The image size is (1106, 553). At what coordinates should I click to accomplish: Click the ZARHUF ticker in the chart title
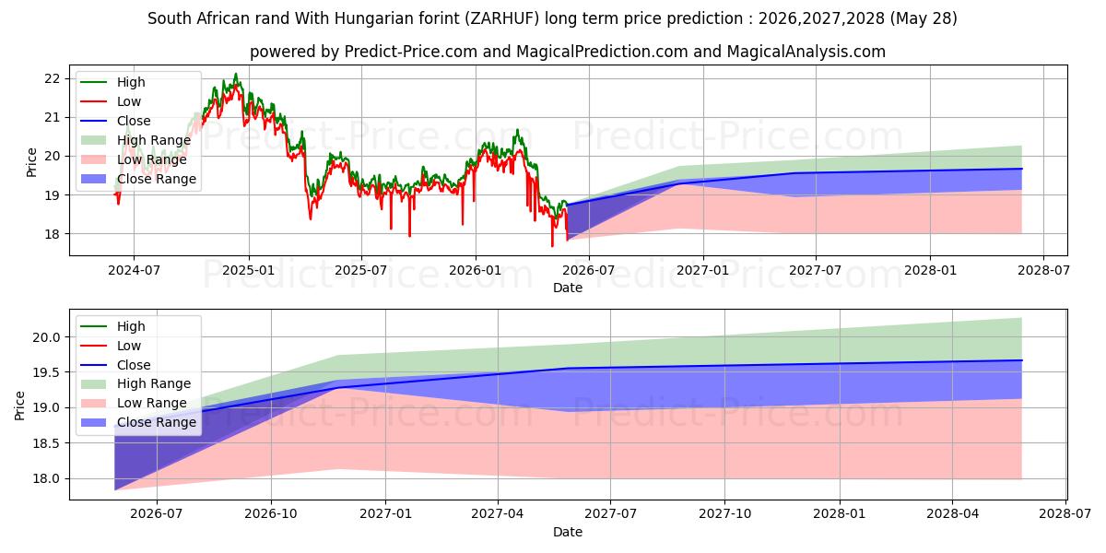tap(502, 18)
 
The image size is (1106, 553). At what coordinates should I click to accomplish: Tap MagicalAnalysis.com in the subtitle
tap(806, 52)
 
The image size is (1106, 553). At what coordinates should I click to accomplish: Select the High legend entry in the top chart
tap(131, 82)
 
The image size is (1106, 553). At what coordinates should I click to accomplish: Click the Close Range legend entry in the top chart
tap(157, 179)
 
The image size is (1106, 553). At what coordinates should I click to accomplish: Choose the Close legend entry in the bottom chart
tap(134, 365)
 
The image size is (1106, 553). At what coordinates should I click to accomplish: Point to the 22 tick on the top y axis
tap(52, 78)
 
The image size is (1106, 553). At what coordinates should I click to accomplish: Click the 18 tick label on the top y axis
tap(52, 234)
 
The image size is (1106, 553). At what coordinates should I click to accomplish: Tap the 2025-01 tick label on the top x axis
tap(248, 271)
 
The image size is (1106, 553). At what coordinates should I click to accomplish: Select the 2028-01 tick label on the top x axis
tap(930, 271)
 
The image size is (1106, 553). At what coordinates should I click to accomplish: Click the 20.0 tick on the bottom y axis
tap(46, 337)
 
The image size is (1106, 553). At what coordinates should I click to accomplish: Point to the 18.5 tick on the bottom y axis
tap(46, 443)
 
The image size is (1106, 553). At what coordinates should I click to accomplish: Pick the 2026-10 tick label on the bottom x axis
tap(271, 514)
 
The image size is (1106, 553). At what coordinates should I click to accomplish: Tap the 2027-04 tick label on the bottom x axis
tap(497, 514)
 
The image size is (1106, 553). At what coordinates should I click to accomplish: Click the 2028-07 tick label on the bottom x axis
tap(1065, 514)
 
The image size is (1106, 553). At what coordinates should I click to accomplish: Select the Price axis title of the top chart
tap(31, 162)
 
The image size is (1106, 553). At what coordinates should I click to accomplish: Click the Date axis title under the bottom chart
tap(568, 532)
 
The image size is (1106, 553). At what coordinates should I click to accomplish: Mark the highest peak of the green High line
tap(236, 74)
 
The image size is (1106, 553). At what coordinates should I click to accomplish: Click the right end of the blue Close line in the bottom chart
tap(1021, 360)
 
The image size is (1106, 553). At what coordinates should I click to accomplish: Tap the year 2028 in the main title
tap(868, 18)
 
